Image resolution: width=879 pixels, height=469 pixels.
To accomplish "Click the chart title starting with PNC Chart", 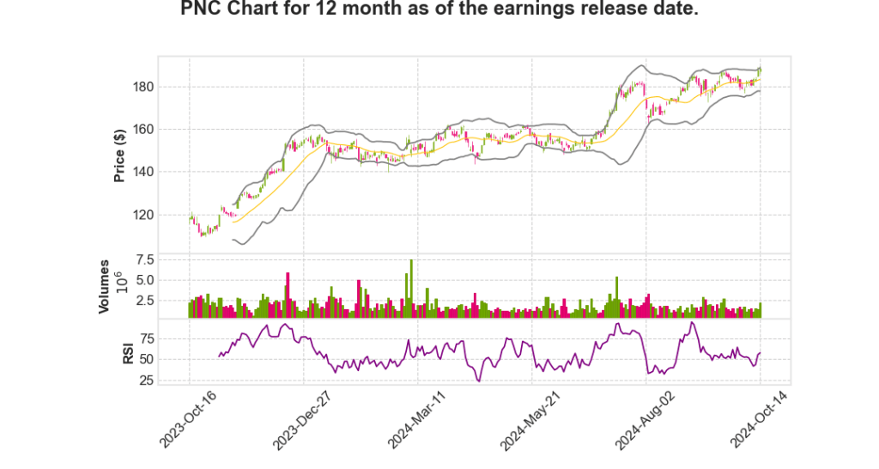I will (439, 10).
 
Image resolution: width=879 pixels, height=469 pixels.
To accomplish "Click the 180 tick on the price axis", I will (142, 87).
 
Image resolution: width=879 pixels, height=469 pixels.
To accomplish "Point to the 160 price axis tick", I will (142, 130).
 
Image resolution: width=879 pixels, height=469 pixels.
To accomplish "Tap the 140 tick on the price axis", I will (142, 172).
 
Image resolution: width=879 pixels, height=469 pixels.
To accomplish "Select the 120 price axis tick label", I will (142, 215).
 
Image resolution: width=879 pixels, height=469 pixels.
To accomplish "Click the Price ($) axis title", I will (120, 154).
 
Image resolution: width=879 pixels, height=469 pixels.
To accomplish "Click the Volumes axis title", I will (104, 286).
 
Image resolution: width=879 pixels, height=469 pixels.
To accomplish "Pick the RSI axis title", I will (128, 352).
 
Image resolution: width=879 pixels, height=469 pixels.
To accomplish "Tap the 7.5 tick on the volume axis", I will (144, 259).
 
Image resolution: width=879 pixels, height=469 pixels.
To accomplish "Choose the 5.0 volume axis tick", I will (144, 280).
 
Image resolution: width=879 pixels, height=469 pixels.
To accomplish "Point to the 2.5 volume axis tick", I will (144, 301).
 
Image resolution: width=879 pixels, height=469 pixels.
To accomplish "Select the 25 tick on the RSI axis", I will (147, 380).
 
